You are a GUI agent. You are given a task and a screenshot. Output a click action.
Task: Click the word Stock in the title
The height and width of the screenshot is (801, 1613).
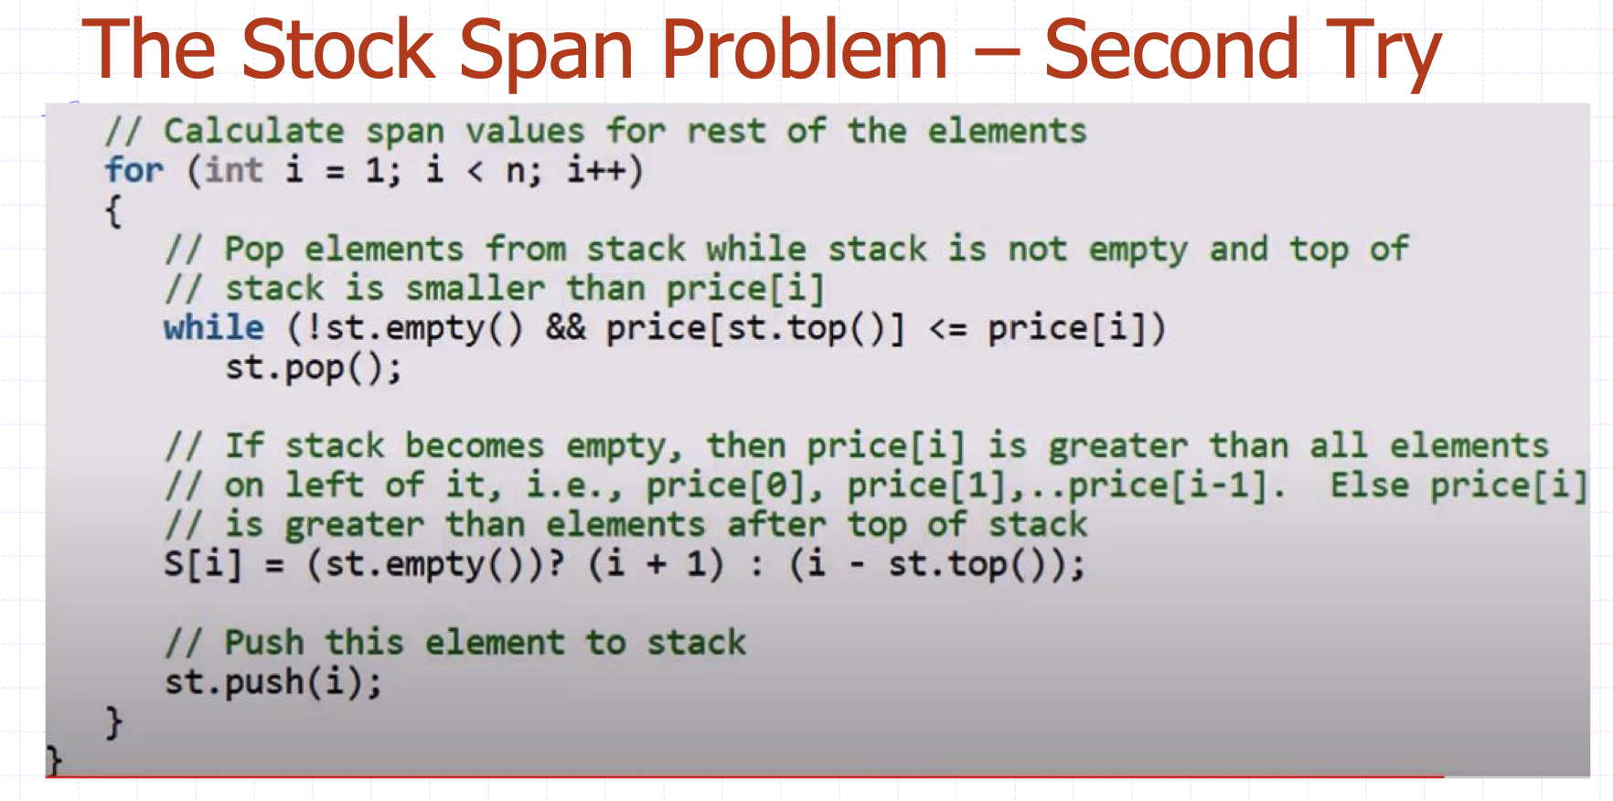point(338,49)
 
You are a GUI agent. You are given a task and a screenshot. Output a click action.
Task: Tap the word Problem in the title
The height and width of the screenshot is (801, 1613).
point(805,51)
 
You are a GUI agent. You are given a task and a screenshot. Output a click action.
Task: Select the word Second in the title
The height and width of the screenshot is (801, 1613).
point(1170,49)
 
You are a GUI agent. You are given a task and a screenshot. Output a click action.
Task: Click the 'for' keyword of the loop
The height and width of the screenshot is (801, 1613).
point(134,170)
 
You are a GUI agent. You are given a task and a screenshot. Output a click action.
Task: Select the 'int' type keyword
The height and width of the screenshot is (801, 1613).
point(234,170)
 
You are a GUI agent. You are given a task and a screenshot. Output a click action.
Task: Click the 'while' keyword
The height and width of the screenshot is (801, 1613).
point(214,327)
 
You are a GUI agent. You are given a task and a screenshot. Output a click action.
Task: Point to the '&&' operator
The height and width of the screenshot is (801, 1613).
point(565,328)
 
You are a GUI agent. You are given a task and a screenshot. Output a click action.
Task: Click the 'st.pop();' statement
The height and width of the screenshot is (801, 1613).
point(314,368)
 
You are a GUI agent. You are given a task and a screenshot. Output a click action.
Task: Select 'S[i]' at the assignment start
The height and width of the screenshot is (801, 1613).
point(204,564)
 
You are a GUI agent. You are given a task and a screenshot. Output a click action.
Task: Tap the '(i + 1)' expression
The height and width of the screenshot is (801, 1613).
point(656,564)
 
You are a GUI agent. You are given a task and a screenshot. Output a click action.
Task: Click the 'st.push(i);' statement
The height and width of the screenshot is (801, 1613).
point(273,682)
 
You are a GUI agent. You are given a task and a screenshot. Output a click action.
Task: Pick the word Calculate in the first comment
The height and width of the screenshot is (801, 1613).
point(254,131)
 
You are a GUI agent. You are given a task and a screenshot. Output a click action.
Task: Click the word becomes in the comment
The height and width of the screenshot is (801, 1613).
point(475,446)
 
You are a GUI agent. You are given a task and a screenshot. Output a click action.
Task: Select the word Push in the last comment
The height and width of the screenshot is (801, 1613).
point(264,643)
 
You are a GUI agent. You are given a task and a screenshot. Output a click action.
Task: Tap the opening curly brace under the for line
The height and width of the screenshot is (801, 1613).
point(113,211)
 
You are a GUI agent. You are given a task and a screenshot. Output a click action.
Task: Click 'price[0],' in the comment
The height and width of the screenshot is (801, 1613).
point(736,486)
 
